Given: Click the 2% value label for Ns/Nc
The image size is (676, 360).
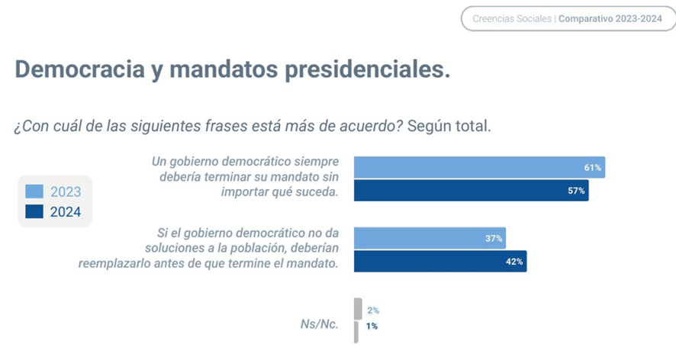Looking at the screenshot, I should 373,310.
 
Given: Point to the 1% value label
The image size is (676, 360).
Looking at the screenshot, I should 372,326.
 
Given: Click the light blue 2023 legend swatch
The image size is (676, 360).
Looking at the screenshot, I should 34,191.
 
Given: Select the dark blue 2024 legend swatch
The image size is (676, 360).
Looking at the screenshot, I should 34,212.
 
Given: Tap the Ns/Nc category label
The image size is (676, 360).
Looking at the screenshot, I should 319,323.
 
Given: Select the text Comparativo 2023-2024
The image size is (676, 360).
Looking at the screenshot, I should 610,18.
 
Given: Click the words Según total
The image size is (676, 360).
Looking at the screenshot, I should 449,125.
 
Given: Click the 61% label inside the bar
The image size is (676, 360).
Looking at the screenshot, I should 593,167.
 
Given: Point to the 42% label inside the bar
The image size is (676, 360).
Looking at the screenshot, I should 514,262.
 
